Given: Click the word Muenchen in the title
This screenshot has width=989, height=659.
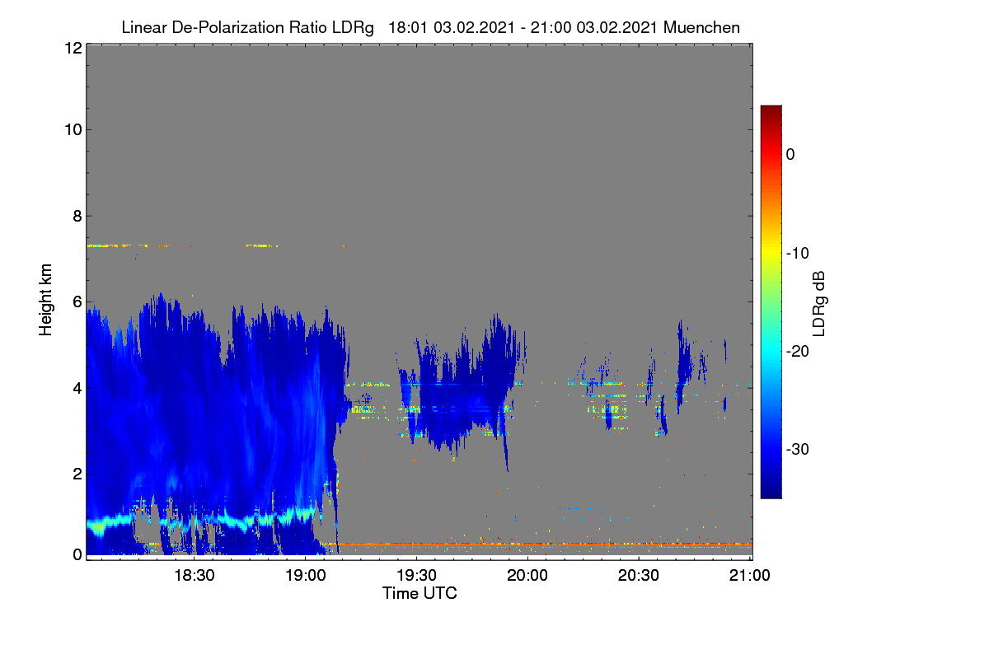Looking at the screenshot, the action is coord(701,27).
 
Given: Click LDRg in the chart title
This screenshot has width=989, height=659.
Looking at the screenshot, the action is coord(353,28).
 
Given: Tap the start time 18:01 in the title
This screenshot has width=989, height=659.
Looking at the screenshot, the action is coord(407,27).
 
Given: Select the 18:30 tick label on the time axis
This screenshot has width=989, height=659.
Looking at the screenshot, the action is coord(195,575).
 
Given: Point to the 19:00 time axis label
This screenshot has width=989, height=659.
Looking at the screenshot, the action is coord(306,575).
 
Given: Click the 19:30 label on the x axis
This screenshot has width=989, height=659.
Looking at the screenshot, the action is coord(416,575).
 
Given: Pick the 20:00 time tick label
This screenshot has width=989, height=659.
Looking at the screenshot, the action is coord(527,575).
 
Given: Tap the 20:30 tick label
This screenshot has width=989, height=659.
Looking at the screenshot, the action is coord(639,575).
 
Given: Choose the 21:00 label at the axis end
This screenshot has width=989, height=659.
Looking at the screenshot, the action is coord(749,575).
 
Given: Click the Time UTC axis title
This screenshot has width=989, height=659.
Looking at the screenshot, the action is coord(420,593).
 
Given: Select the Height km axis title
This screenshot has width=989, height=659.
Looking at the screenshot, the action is coord(45,300).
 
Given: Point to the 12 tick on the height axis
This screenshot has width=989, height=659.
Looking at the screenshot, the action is coord(73,48).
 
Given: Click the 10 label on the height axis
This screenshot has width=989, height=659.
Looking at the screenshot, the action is coord(73,130).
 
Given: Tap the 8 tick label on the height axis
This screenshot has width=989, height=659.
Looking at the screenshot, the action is coord(77,216).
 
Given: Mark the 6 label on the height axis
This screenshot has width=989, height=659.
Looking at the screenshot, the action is coord(77,302).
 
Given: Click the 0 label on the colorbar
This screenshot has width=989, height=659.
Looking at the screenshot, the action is coord(790,155).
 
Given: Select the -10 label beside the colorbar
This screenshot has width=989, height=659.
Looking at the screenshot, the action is coord(798,254).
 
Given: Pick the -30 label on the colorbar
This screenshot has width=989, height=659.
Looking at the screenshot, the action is coord(798,449).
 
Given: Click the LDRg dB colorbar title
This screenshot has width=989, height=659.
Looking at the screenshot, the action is coord(819,304).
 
